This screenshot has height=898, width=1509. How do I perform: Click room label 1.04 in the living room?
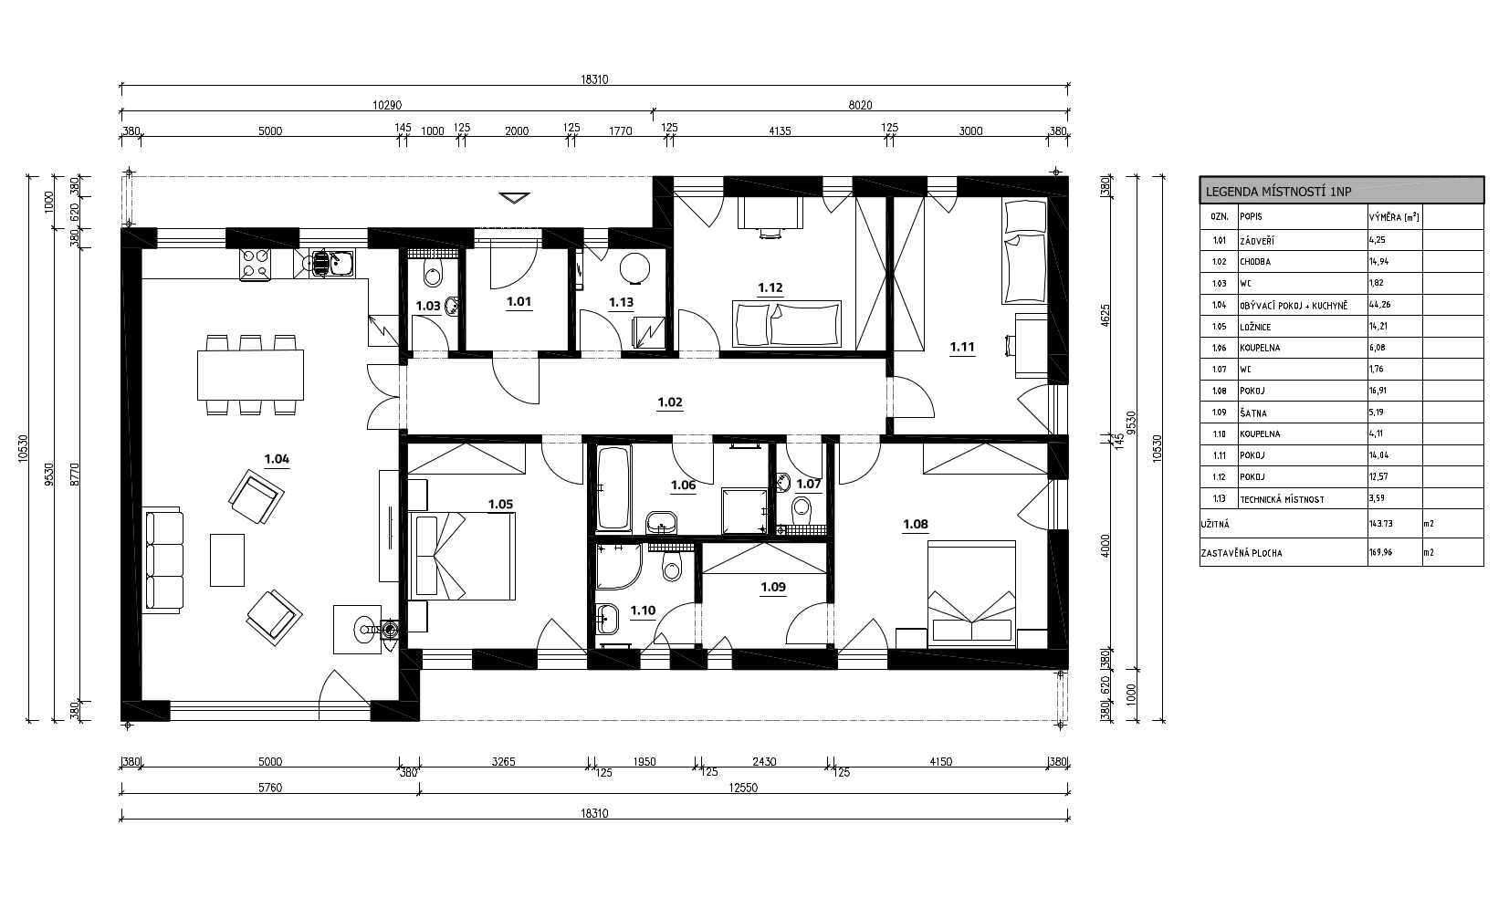tap(277, 459)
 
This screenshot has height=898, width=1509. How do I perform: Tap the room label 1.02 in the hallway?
tap(670, 402)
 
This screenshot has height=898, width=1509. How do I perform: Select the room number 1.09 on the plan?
tap(773, 587)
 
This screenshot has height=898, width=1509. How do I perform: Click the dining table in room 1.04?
tap(251, 374)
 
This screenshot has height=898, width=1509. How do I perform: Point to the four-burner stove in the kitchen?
tap(256, 264)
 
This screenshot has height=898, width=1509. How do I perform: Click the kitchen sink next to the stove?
tap(332, 264)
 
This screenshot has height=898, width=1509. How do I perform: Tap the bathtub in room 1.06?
tap(613, 487)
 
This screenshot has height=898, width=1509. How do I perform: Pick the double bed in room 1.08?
tap(971, 593)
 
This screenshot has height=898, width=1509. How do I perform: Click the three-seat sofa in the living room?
tap(163, 560)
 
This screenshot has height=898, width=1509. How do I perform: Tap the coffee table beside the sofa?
tap(227, 559)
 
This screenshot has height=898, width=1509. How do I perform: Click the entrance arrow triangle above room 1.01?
tap(515, 198)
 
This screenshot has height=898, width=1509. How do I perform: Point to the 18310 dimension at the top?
tap(594, 79)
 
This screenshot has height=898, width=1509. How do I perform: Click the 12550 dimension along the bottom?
tap(744, 788)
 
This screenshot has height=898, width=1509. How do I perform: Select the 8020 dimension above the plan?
tap(860, 105)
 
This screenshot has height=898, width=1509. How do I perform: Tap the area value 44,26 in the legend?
tap(1379, 305)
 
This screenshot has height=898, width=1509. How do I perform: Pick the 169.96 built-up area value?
tap(1381, 552)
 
